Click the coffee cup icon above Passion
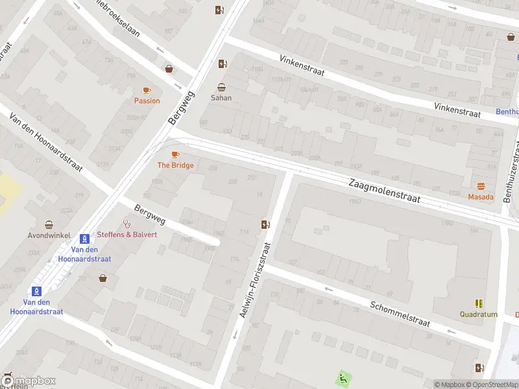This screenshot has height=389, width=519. pos(147,91)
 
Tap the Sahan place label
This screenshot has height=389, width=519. pos(221,98)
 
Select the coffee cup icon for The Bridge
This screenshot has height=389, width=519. pos(175,154)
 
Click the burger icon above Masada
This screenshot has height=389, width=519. pos(481,186)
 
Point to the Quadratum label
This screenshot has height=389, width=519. pos(478,314)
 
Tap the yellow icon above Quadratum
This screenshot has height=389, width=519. pos(479,303)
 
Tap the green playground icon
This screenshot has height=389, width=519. pos(342,377)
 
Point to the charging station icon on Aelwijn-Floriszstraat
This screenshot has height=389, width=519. pos(265,225)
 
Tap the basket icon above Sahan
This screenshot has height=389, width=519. pos(222,87)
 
